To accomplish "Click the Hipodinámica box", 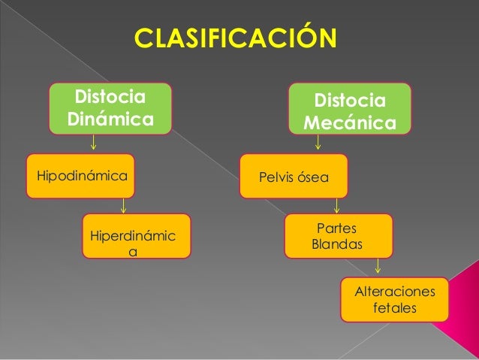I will point(80,176).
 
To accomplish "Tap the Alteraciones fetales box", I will point(394,300).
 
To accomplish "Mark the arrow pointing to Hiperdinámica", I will point(123,205).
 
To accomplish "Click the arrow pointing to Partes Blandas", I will point(337,205).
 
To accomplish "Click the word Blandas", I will point(337,245).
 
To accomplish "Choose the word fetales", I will point(394,308).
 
